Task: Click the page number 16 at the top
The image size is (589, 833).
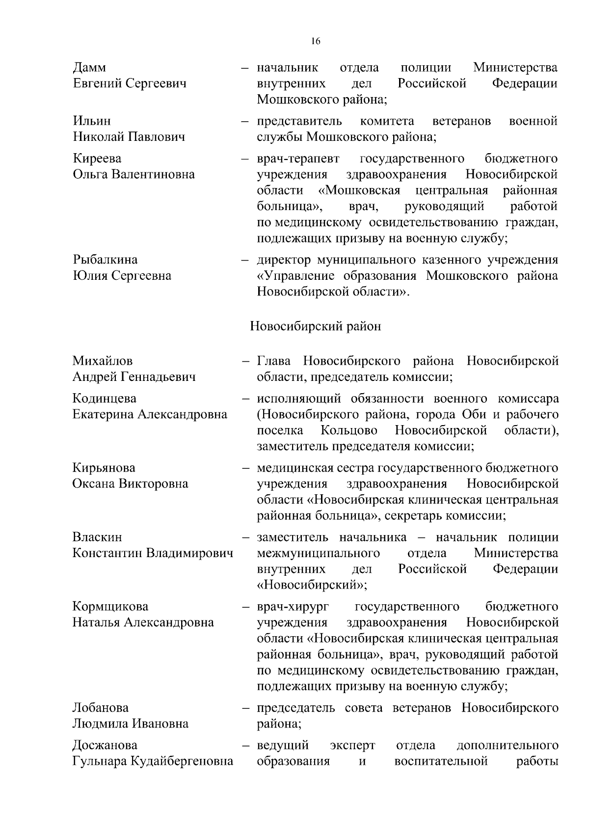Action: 316,42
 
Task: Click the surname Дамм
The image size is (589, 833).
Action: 89,67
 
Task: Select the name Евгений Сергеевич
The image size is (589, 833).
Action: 130,83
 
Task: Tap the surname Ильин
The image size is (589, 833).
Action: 92,121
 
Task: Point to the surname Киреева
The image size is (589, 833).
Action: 97,159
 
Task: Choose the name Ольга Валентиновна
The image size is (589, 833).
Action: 134,175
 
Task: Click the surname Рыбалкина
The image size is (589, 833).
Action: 105,260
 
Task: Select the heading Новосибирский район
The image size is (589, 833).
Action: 315,326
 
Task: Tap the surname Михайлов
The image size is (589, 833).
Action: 103,361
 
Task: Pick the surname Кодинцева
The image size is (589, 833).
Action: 105,399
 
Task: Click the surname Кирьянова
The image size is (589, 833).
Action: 104,468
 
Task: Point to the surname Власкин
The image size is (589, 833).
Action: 97,537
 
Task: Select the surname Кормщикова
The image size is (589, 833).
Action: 110,607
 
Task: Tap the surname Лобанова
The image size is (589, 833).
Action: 101,708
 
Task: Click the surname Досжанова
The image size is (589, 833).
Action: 105,746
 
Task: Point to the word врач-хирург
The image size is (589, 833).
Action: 293,607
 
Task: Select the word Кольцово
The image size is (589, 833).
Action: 349,430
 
